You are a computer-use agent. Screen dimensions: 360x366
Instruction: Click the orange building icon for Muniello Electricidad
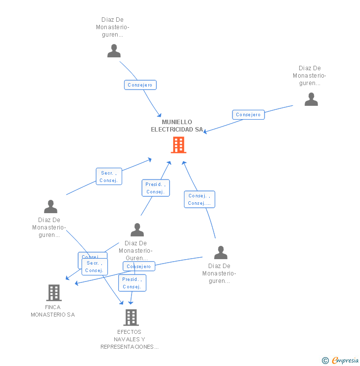pos(178,145)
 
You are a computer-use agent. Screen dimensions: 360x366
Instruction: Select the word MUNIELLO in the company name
pos(177,122)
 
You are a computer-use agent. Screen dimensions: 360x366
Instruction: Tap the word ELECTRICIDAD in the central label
pos(172,130)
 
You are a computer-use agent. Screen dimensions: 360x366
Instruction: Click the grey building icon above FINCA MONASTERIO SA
pos(53,293)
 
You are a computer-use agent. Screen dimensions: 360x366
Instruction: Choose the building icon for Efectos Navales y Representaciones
pos(131,317)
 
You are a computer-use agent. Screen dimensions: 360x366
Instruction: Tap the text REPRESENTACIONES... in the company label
pos(130,347)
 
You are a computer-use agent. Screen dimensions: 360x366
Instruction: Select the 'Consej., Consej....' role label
pos(199,199)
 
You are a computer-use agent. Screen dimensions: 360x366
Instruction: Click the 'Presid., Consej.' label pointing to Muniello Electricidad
pos(155,188)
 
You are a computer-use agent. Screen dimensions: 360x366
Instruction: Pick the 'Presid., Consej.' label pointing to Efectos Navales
pos(132,283)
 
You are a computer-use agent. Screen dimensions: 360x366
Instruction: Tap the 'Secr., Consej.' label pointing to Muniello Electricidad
pos(108,177)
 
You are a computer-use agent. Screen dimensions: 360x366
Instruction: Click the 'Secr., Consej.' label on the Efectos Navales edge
pos(94,267)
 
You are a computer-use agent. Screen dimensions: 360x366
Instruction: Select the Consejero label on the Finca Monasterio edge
pos(138,267)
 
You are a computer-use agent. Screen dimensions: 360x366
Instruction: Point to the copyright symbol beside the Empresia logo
pos(325,361)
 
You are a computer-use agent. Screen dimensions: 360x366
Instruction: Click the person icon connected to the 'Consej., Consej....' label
pos(221,253)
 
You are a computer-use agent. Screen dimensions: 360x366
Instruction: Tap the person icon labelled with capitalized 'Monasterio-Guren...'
pos(137,230)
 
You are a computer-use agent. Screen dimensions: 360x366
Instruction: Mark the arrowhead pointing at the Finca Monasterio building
pos(76,283)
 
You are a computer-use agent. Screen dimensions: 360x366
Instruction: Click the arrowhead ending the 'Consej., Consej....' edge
pos(183,162)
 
